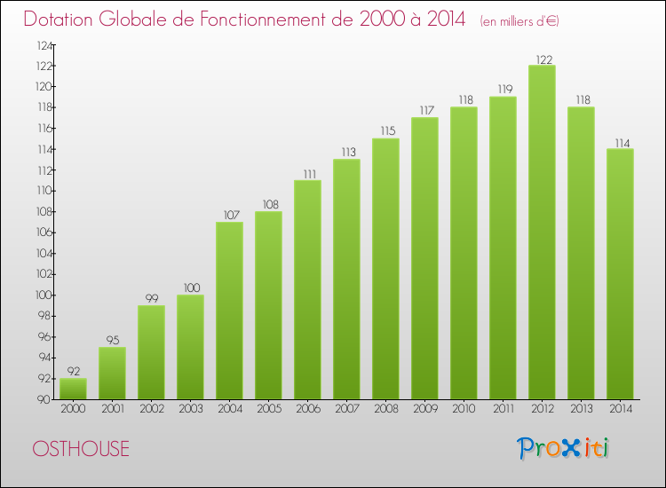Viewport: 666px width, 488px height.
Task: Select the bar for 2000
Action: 73,389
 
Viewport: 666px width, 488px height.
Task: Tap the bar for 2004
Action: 229,311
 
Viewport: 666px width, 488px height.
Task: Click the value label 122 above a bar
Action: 542,59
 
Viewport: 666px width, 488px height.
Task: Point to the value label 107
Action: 229,216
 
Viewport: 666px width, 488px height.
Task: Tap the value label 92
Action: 73,372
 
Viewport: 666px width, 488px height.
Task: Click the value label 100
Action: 190,288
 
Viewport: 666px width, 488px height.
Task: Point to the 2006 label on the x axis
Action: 307,409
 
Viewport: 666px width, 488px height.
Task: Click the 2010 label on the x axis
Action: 464,409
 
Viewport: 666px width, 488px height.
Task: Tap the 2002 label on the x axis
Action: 151,409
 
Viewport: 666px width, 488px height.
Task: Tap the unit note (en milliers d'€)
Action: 519,21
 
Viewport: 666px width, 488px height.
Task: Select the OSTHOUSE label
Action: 81,448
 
